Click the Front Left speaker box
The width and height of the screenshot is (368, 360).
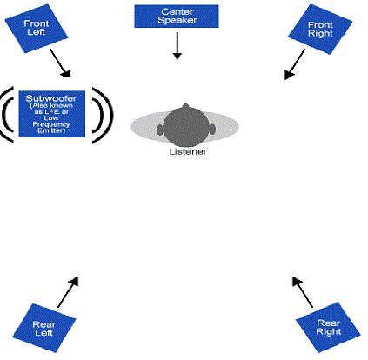point(37,29)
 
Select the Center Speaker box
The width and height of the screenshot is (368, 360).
point(177,17)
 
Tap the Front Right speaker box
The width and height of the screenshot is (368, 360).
point(320,29)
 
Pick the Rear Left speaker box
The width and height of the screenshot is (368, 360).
point(44,328)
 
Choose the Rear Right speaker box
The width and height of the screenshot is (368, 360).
point(328,327)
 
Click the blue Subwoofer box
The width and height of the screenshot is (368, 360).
point(52,114)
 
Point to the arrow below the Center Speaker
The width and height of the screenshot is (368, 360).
point(177,46)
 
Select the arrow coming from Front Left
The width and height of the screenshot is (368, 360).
point(60,63)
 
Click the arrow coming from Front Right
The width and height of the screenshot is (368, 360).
point(295,64)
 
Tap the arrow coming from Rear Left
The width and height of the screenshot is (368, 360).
point(68,292)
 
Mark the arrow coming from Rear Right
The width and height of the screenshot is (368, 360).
point(303,292)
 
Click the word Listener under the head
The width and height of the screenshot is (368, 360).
point(188,151)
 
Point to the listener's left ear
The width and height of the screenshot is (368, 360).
point(160,130)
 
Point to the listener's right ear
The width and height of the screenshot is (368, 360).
point(212,130)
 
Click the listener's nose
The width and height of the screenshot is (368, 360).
point(185,106)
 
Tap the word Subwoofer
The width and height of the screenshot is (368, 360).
point(51,98)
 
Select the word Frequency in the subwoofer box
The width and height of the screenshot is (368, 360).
point(51,124)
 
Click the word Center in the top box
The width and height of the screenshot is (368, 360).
point(177,11)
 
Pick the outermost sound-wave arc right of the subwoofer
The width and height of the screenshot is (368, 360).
point(108,115)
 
